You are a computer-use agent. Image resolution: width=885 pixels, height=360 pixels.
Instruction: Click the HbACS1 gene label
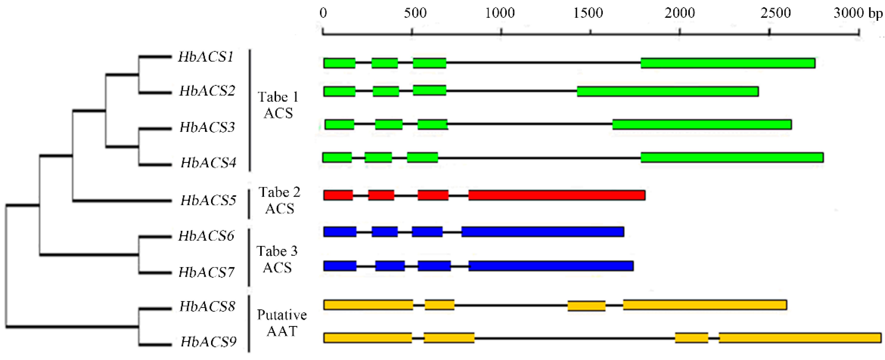[x=206, y=57]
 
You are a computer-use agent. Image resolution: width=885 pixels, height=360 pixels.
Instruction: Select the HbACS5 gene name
[x=208, y=200]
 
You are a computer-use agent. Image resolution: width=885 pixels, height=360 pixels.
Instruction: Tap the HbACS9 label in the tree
[x=208, y=342]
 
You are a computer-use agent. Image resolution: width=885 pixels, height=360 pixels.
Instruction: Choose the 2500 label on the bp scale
[x=775, y=13]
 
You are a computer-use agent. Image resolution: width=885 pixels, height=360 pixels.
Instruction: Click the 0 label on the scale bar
[x=323, y=13]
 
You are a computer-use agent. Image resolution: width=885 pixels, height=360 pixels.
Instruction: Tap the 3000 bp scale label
[x=857, y=13]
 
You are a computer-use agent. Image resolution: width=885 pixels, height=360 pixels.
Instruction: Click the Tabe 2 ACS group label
[x=279, y=200]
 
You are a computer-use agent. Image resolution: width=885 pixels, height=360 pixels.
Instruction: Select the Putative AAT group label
[x=282, y=323]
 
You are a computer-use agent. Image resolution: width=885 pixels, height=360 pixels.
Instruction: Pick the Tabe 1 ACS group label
[x=278, y=105]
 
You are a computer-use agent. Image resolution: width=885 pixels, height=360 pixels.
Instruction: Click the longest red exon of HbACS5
[x=557, y=195]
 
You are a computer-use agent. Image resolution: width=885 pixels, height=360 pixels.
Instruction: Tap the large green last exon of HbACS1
[x=728, y=63]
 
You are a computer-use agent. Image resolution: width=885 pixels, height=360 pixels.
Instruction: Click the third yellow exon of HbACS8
[x=586, y=306]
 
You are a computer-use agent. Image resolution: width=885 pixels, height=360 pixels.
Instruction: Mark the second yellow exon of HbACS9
[x=449, y=338]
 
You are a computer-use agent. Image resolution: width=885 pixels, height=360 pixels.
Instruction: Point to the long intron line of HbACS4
[x=539, y=158]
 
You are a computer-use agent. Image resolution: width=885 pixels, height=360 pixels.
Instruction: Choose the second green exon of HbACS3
[x=389, y=124]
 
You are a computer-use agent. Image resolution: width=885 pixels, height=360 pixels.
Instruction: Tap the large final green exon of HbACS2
[x=668, y=92]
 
